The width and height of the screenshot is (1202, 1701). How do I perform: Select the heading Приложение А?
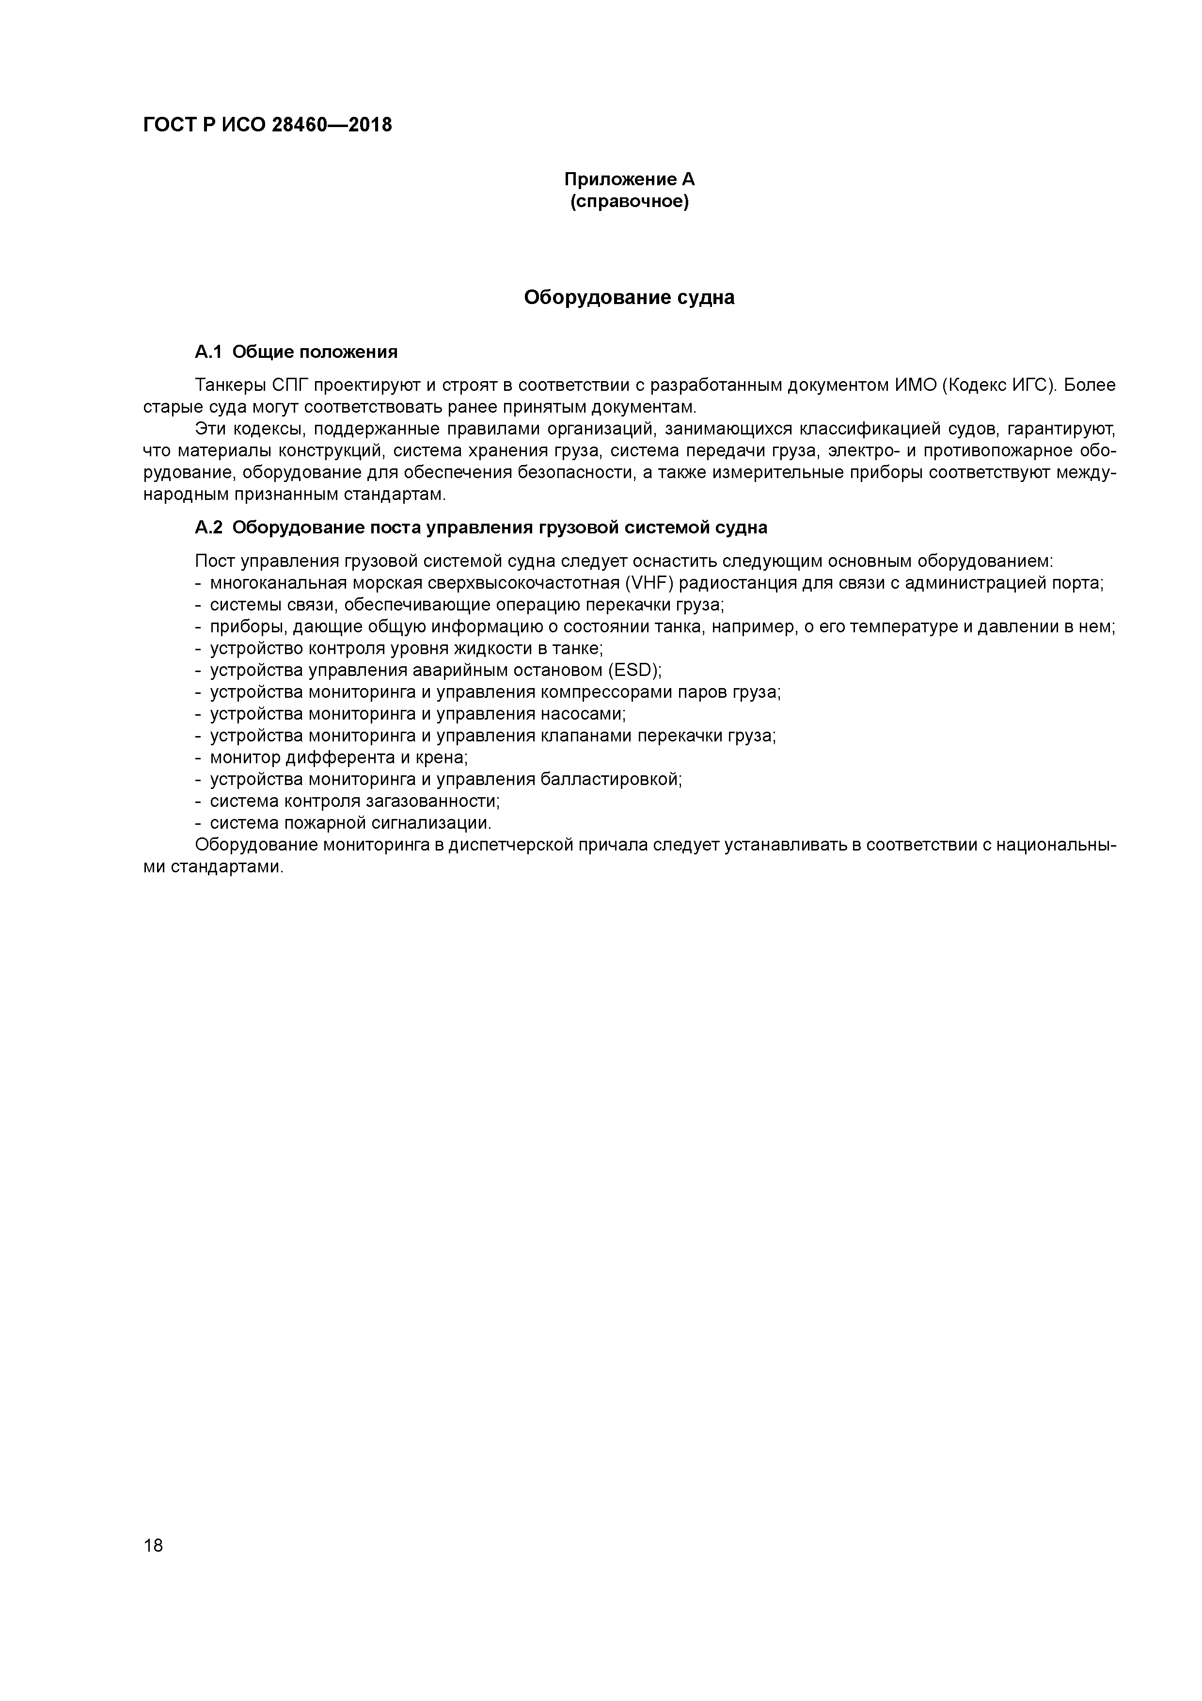click(x=630, y=179)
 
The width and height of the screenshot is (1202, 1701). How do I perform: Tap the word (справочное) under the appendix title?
click(x=630, y=202)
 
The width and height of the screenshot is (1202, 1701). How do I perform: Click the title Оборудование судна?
click(x=630, y=298)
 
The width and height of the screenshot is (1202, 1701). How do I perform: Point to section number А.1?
click(x=208, y=352)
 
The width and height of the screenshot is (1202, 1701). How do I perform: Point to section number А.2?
click(x=208, y=528)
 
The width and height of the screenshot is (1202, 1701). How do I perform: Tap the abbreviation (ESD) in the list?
click(x=634, y=671)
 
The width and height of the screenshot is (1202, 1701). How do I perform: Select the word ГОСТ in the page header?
click(x=170, y=125)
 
